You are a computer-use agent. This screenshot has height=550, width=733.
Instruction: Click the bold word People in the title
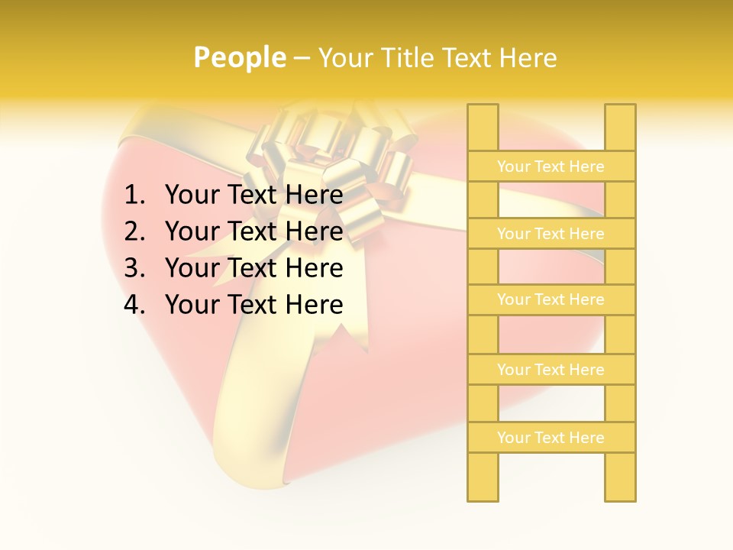point(239,58)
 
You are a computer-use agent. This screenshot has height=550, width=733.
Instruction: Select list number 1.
point(134,196)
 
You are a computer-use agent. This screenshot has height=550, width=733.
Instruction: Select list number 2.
point(134,231)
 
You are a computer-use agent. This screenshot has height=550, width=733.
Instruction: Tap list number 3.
point(134,268)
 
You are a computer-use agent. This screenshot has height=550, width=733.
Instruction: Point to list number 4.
point(134,305)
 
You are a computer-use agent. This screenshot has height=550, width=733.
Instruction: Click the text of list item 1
point(253,196)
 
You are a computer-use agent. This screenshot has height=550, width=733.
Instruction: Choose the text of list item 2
point(253,231)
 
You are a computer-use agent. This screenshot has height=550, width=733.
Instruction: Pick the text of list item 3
point(253,268)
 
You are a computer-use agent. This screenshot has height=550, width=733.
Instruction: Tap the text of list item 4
point(253,305)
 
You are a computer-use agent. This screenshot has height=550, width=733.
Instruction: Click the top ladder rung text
point(551,167)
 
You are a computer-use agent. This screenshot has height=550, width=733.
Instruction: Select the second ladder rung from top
point(551,234)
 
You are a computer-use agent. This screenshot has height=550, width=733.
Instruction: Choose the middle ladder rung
point(551,300)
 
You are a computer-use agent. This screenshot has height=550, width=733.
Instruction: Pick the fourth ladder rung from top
point(551,370)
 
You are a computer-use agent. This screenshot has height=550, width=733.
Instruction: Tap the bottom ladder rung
point(551,438)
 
